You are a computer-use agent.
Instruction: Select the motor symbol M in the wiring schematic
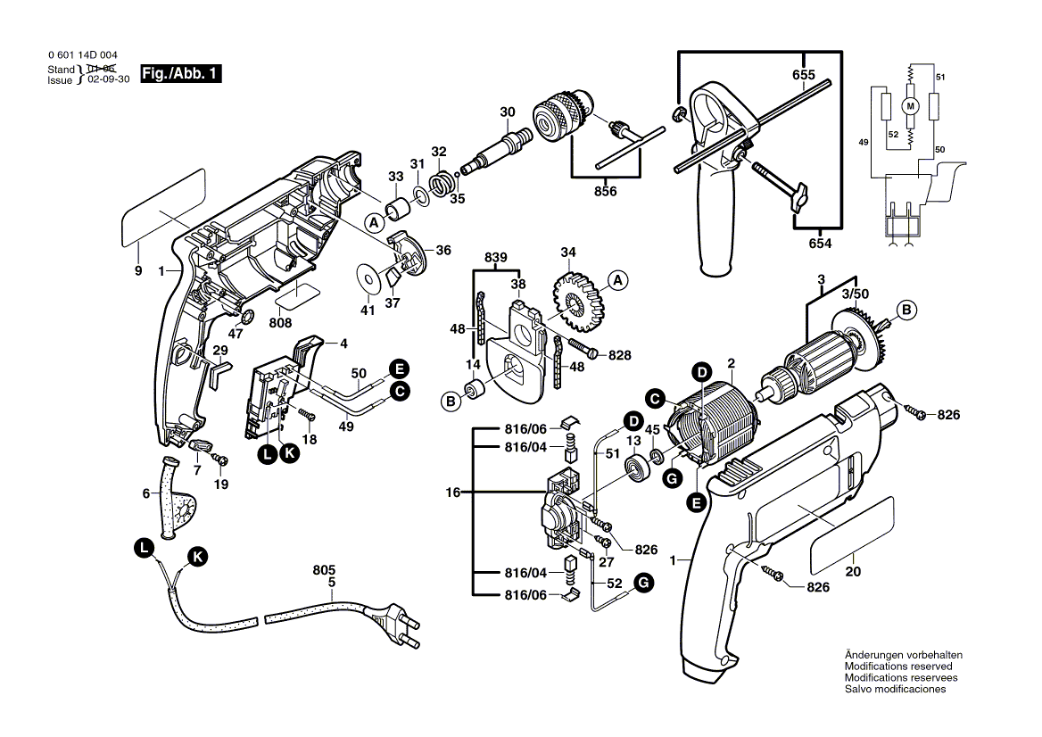click(x=910, y=105)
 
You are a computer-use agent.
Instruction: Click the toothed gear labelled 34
click(x=575, y=296)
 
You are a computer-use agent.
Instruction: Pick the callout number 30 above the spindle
click(x=508, y=112)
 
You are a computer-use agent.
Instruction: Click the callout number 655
click(x=803, y=75)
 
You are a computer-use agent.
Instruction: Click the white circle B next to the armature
click(x=906, y=311)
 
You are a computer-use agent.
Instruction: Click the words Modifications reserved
click(x=897, y=667)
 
